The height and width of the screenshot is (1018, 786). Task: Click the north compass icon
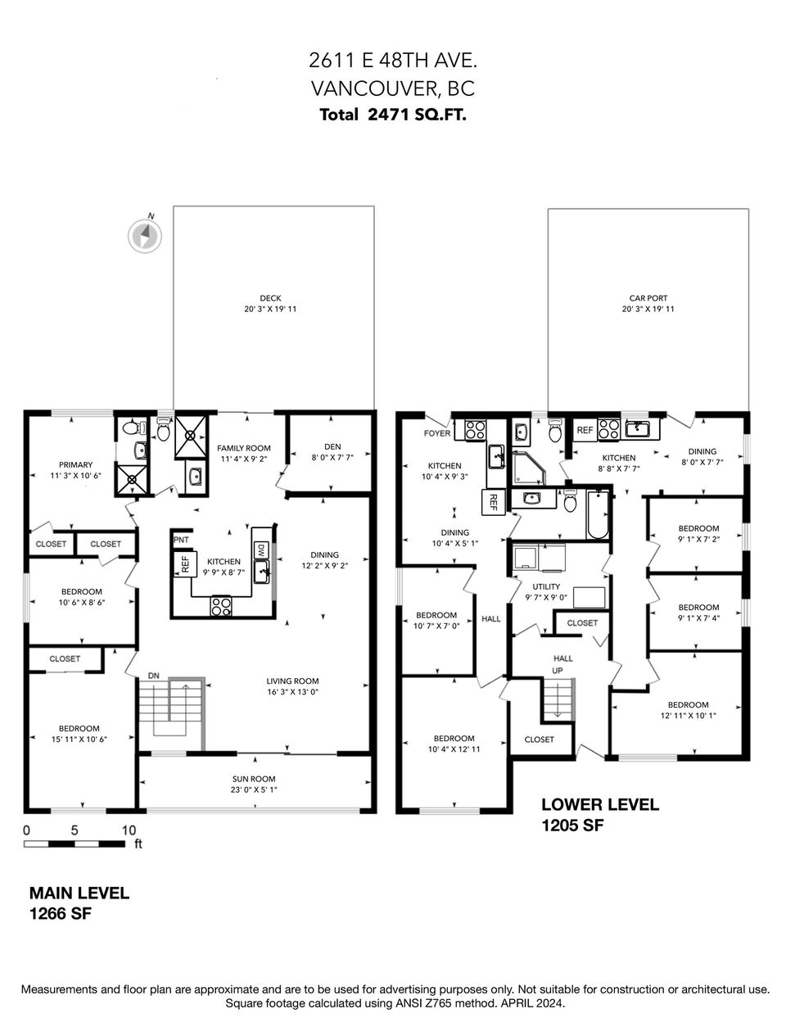point(144,235)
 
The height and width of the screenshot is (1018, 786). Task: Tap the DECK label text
point(270,299)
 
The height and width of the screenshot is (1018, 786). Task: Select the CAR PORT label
point(647,299)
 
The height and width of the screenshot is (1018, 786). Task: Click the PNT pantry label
point(180,541)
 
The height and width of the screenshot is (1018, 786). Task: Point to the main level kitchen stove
point(221,606)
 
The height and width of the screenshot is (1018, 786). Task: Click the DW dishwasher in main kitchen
point(261,550)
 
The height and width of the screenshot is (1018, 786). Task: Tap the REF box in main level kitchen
point(184,563)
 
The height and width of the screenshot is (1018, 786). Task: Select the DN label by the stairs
point(153,675)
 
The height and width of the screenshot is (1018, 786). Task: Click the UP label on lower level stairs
point(558,670)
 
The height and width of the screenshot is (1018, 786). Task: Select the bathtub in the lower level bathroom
point(598,514)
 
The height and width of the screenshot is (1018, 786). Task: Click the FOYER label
point(436,433)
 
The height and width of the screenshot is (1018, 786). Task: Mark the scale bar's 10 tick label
point(128,830)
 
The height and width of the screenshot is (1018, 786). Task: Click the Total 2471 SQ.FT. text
point(393,115)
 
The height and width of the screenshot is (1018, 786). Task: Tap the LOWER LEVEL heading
point(600,804)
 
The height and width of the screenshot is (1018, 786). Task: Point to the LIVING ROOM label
point(292,681)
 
